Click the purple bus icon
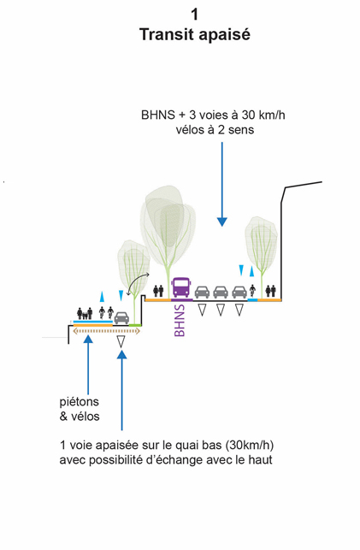pyautogui.click(x=181, y=287)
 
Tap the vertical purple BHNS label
pyautogui.click(x=180, y=320)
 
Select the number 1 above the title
pyautogui.click(x=195, y=15)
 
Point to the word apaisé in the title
pyautogui.click(x=225, y=36)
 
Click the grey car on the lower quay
pyautogui.click(x=121, y=317)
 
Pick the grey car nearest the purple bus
pyautogui.click(x=203, y=292)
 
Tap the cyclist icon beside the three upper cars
pyautogui.click(x=252, y=292)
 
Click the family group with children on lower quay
pyautogui.click(x=85, y=313)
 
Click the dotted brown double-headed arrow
pyautogui.click(x=107, y=331)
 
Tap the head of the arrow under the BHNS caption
pyautogui.click(x=221, y=222)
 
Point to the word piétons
pyautogui.click(x=80, y=402)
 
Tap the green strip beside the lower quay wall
pyautogui.click(x=135, y=326)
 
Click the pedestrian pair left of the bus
pyautogui.click(x=158, y=291)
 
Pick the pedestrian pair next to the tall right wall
pyautogui.click(x=270, y=291)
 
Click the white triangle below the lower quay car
pyautogui.click(x=121, y=341)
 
